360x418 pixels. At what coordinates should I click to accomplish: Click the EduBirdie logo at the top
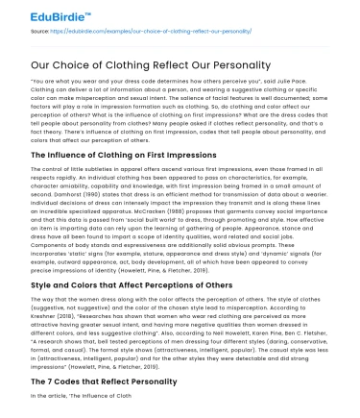36,12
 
